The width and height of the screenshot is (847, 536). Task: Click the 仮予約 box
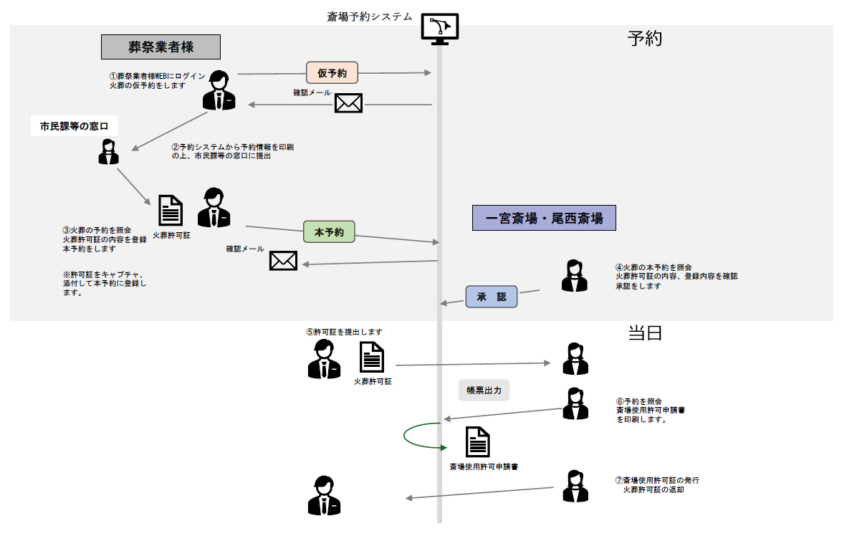(332, 72)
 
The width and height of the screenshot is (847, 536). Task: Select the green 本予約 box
(330, 231)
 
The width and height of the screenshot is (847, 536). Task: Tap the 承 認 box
(492, 297)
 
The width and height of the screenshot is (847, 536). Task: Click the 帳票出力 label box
(484, 391)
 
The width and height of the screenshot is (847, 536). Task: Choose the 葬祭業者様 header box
(161, 47)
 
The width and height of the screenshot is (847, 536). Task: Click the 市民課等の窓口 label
(74, 127)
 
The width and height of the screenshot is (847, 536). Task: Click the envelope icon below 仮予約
(348, 103)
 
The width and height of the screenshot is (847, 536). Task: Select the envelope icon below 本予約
(283, 260)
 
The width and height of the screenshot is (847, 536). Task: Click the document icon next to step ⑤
(372, 357)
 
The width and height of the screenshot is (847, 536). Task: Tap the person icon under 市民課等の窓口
(108, 152)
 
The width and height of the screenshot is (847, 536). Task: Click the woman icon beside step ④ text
(575, 276)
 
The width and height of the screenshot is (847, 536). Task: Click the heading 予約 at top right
(645, 39)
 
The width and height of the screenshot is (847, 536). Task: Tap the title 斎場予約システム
(370, 16)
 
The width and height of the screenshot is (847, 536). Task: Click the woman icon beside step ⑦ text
(575, 487)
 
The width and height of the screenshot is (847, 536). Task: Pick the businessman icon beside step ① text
(219, 91)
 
